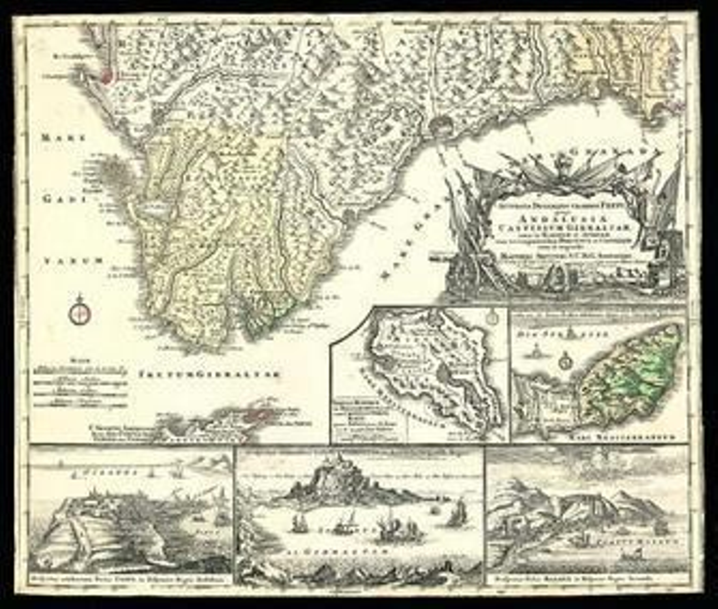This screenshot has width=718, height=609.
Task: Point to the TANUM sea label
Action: click(74, 260)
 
